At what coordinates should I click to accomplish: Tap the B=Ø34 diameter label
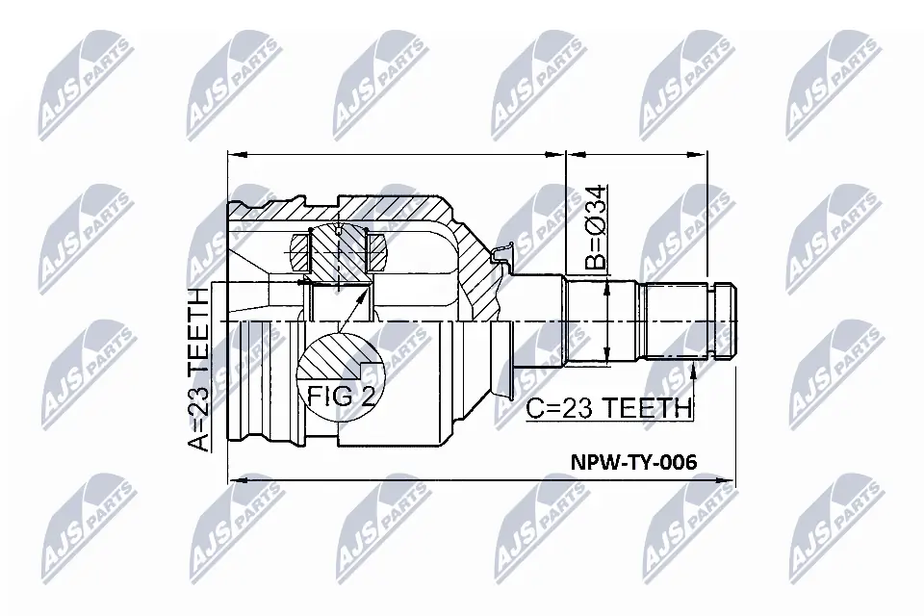coord(594,228)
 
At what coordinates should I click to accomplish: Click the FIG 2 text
coord(341,396)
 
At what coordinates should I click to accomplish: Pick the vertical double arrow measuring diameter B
coord(608,322)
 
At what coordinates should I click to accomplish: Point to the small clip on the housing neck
coord(498,254)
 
